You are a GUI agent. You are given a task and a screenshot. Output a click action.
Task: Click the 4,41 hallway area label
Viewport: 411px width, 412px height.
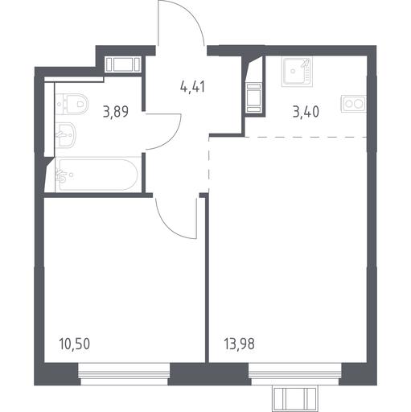click(x=193, y=87)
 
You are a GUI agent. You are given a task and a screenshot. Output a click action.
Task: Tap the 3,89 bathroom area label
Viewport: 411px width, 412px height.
click(x=116, y=112)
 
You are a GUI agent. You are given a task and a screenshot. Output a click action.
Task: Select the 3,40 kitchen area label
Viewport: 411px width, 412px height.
click(x=306, y=112)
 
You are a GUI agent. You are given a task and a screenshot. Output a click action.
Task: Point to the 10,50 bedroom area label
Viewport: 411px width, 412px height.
click(x=75, y=344)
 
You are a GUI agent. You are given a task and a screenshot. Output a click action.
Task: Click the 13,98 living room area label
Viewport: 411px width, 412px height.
click(x=239, y=344)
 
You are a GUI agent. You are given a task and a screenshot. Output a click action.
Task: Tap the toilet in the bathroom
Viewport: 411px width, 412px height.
click(x=72, y=104)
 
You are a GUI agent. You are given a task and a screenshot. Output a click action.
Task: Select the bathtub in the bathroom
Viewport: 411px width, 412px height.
click(x=97, y=175)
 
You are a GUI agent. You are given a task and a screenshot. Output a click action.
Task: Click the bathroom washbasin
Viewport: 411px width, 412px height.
click(x=65, y=134)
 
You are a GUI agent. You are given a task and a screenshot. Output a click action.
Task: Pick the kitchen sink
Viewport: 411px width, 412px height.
click(x=297, y=72)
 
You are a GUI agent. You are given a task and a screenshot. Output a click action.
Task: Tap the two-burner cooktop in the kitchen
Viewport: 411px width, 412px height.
click(x=353, y=104)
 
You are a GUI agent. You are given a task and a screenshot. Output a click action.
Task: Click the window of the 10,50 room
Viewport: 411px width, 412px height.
click(x=124, y=374)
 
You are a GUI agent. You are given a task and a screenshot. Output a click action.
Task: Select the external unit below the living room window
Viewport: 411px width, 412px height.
click(x=295, y=399)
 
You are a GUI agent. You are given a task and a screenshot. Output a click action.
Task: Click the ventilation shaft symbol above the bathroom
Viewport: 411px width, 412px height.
click(x=122, y=64)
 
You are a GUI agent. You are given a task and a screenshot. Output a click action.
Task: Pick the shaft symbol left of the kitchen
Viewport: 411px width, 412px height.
click(x=253, y=97)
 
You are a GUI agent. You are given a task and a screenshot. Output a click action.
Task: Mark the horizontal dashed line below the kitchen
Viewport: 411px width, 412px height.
click(x=306, y=137)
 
